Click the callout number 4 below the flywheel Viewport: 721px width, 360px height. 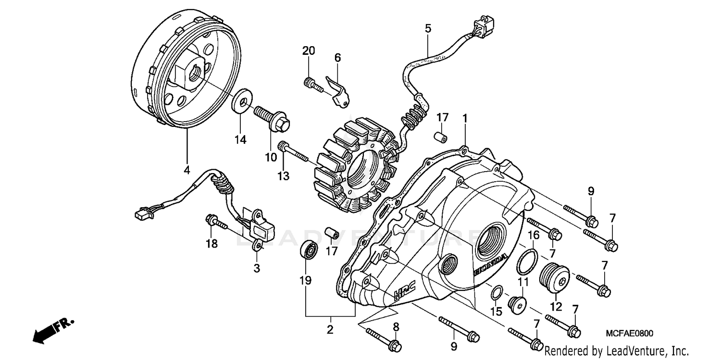click(x=186, y=170)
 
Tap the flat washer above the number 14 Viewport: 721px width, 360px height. click(x=242, y=100)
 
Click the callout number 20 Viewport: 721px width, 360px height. click(x=309, y=51)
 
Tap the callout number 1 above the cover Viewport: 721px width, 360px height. click(x=465, y=118)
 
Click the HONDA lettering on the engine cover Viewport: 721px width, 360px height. click(x=490, y=265)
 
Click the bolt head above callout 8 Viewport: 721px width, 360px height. click(x=395, y=345)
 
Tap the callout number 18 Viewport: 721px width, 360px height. click(x=211, y=244)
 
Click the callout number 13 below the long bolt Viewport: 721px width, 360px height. click(x=283, y=176)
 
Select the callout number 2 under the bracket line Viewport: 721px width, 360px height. click(x=330, y=330)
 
